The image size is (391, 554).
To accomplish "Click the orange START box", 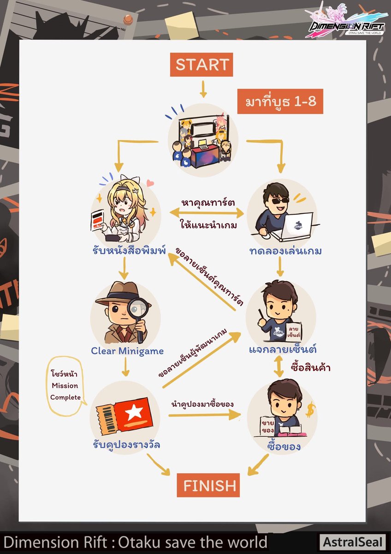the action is (x=201, y=65).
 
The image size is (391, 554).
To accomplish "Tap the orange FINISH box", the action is (x=208, y=485).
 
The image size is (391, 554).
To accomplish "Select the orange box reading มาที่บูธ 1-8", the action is (x=280, y=102).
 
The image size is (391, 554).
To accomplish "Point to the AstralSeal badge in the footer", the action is (x=352, y=541).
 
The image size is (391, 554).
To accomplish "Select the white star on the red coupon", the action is (x=134, y=412).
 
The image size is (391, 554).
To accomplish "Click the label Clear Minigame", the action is (x=127, y=351).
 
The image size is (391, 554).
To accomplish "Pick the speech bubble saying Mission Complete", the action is (x=65, y=386).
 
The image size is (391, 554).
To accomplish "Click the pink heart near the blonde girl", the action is (x=150, y=183).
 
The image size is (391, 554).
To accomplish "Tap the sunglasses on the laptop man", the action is (x=280, y=200).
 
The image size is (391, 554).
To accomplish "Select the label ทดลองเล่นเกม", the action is (x=286, y=251).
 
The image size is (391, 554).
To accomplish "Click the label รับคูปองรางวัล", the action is (x=126, y=445).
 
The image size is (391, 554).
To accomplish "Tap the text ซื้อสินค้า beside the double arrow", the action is (x=311, y=368).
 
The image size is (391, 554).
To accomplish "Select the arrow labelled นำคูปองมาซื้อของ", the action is (x=205, y=415).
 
